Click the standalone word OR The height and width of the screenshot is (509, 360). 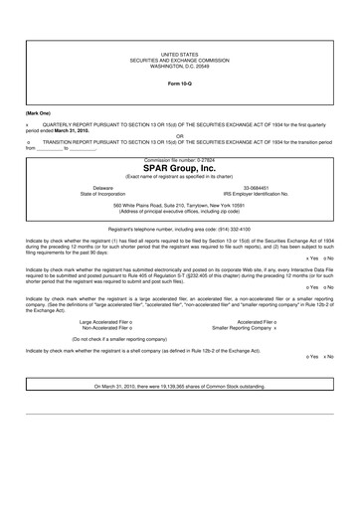click(179, 135)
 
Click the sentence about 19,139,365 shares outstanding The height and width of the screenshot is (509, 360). click(180, 386)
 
